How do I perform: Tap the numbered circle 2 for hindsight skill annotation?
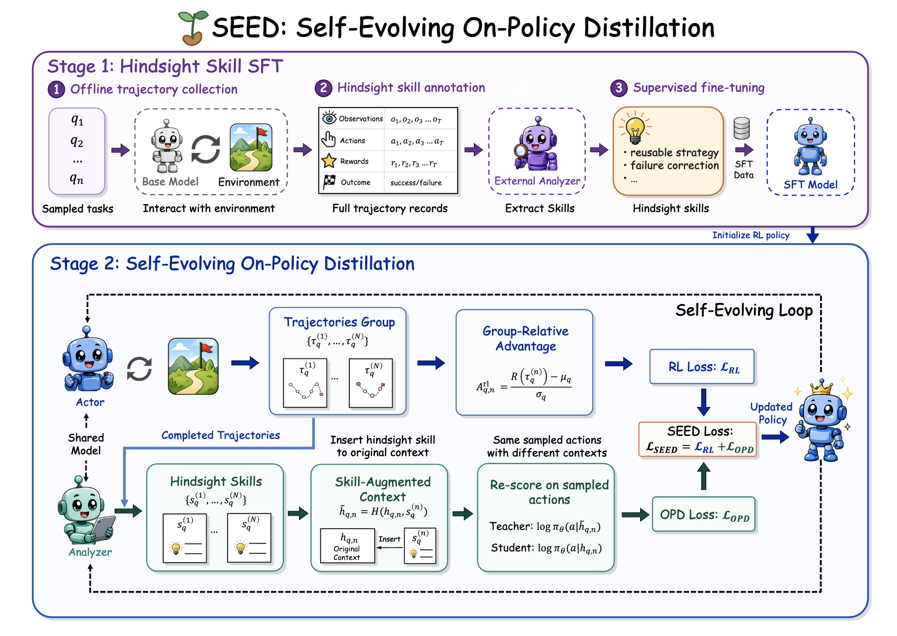(323, 88)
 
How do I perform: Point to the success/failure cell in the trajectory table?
(416, 183)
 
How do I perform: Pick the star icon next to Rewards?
(329, 161)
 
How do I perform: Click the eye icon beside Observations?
(329, 118)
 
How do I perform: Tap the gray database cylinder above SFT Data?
(741, 128)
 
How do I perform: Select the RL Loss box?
(702, 367)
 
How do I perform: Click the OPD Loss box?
(704, 514)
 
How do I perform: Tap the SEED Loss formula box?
(698, 439)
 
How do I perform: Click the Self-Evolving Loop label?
(744, 310)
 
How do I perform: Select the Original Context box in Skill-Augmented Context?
(348, 546)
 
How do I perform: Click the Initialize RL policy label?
(751, 235)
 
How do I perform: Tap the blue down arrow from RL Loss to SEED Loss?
(703, 402)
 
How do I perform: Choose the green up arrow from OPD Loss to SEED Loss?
(703, 476)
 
